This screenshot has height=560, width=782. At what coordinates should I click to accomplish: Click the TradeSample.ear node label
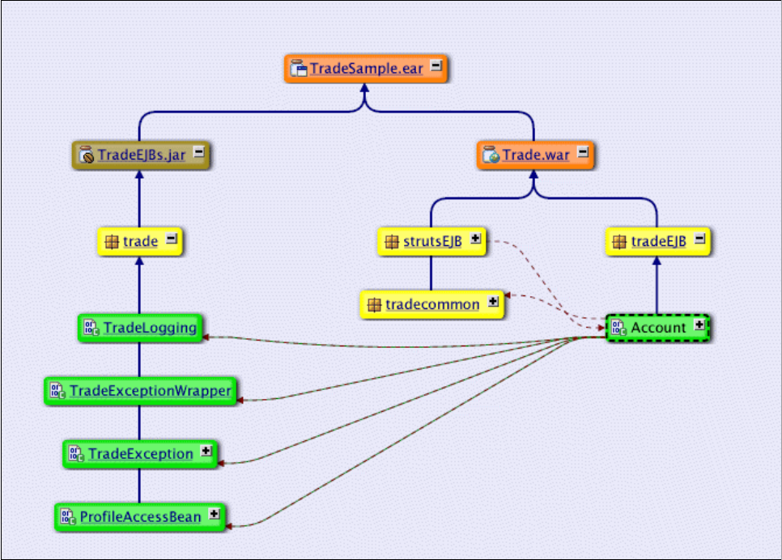tap(366, 68)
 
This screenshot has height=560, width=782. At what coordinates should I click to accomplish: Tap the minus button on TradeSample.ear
tap(436, 66)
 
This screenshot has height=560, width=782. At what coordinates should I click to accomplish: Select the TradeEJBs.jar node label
tap(142, 155)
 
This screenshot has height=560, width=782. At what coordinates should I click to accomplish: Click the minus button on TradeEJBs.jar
tap(198, 151)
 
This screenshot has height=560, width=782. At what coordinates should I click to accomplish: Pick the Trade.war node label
tap(535, 155)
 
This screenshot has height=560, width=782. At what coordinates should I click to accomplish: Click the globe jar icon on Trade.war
tap(491, 155)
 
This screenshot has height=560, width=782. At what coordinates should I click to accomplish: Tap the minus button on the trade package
tap(171, 239)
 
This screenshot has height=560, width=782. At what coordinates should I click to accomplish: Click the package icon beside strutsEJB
tap(392, 242)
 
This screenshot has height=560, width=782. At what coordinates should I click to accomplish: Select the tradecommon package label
tap(432, 305)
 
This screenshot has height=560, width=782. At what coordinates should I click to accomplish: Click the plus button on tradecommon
tap(493, 301)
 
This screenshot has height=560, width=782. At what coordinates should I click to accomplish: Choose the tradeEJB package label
tap(658, 241)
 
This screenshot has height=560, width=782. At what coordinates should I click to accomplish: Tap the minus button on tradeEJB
tap(699, 239)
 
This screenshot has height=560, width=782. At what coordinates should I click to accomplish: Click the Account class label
tap(658, 328)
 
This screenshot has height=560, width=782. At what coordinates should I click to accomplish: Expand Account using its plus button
tap(699, 325)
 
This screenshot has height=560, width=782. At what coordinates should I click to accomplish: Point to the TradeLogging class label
tap(150, 328)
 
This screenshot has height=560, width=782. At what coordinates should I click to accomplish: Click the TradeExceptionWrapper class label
tap(150, 390)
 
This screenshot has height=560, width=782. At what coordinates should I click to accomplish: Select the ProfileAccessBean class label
tap(140, 516)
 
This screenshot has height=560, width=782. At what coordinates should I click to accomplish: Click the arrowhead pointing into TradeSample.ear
tap(364, 87)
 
